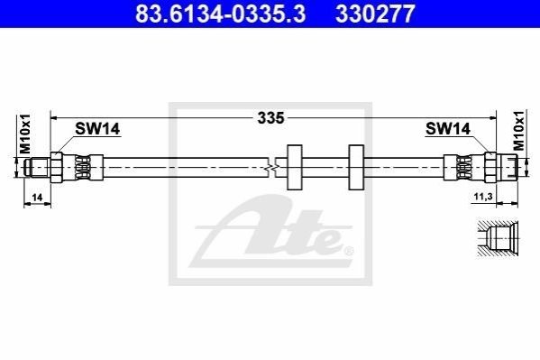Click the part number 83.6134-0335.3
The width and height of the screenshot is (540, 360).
[x=220, y=14]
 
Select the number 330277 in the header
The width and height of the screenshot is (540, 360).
[x=375, y=14]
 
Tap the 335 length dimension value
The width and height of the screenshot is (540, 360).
[x=271, y=118]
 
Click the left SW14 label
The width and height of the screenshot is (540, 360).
[x=97, y=129]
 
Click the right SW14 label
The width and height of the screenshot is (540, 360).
[x=448, y=129]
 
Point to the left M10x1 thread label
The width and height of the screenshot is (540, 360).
[x=25, y=134]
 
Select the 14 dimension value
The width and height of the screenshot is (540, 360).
[x=37, y=198]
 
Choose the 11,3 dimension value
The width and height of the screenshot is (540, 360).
[x=483, y=197]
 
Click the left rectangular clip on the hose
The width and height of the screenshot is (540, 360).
[x=295, y=167]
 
